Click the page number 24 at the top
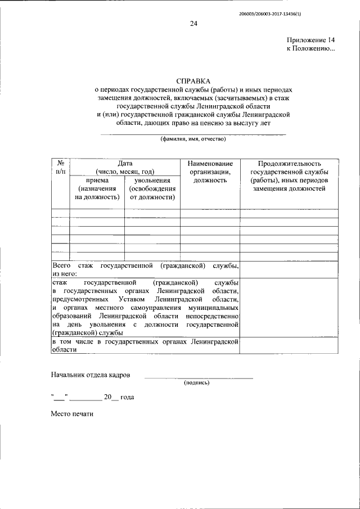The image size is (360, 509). click(x=193, y=23)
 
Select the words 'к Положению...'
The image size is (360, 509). click(x=310, y=49)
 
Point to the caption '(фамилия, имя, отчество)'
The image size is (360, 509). click(x=193, y=139)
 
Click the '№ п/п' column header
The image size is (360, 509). click(x=60, y=167)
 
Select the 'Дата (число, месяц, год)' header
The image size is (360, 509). click(x=124, y=167)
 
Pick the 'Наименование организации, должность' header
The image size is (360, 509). click(x=210, y=172)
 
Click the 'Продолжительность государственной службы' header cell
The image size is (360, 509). click(x=289, y=175)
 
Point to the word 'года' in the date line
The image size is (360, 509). click(x=127, y=397)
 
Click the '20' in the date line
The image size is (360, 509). click(x=108, y=397)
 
